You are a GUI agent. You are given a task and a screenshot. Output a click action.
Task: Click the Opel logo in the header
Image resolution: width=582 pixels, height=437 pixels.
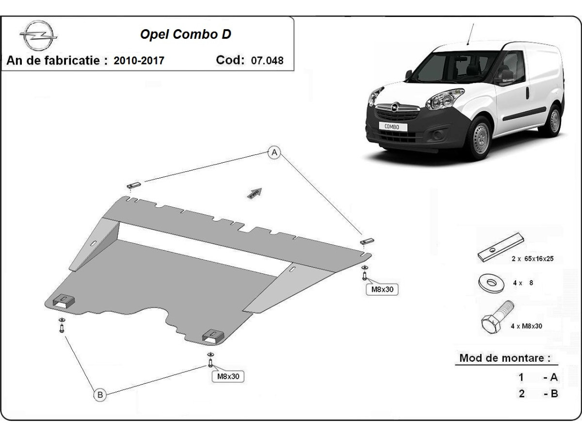click(38, 35)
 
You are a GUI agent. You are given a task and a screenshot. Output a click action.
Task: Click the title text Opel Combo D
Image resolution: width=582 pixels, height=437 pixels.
click(185, 34)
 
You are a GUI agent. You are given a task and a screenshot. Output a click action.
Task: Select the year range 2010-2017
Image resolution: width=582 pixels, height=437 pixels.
click(139, 61)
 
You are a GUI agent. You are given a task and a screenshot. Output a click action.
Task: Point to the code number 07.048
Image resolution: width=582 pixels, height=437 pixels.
click(267, 61)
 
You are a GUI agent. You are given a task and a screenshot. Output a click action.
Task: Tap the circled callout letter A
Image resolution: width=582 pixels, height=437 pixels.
click(275, 152)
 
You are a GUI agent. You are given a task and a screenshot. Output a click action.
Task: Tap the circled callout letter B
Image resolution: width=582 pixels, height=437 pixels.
click(100, 395)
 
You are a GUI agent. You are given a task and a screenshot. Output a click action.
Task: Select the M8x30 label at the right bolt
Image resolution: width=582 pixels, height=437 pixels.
click(382, 289)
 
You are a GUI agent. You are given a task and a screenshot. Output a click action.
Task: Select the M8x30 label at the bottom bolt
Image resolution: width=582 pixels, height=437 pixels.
click(227, 376)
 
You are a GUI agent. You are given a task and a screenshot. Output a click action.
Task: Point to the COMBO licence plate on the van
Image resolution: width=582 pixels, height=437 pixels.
click(392, 126)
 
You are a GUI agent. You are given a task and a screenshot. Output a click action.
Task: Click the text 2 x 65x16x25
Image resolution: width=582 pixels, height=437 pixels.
click(532, 259)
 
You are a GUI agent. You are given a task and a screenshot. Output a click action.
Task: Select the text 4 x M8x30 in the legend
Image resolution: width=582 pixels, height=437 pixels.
click(526, 326)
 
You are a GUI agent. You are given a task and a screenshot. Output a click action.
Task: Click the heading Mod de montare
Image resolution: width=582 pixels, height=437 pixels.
click(505, 358)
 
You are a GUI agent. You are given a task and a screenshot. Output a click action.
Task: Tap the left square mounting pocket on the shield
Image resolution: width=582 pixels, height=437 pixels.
click(64, 302)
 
